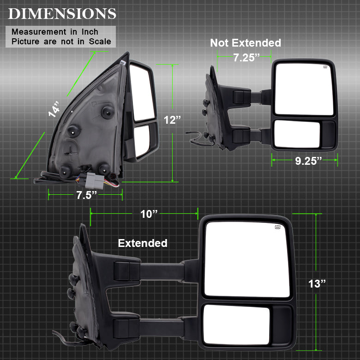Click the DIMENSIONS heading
coord(62,13)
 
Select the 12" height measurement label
coord(172,120)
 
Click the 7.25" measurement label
coord(246,58)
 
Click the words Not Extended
coord(246,43)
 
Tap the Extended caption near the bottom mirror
coord(143,243)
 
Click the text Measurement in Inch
coord(55,32)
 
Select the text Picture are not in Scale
coord(61,41)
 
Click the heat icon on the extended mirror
coord(279,227)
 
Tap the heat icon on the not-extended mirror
coord(326,68)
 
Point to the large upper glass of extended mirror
coord(247,259)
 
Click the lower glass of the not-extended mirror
coord(297,134)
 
